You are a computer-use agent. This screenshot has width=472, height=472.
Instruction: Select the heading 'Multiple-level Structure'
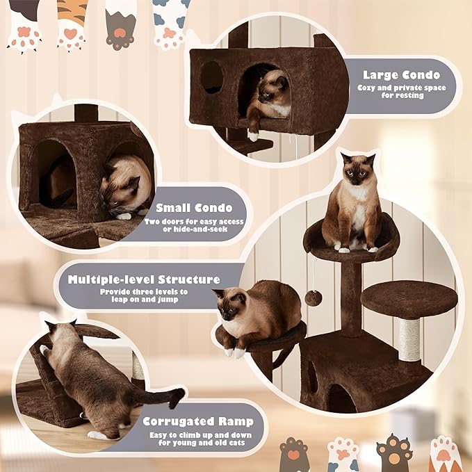(144, 279)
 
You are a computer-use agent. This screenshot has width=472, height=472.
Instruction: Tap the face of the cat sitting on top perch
(357, 171)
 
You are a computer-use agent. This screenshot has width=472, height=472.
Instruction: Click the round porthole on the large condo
(212, 77)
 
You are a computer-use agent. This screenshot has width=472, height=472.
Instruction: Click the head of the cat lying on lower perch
(231, 307)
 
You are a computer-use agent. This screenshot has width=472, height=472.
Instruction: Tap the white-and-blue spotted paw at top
(171, 22)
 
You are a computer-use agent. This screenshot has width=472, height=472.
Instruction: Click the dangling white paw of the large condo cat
(253, 131)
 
